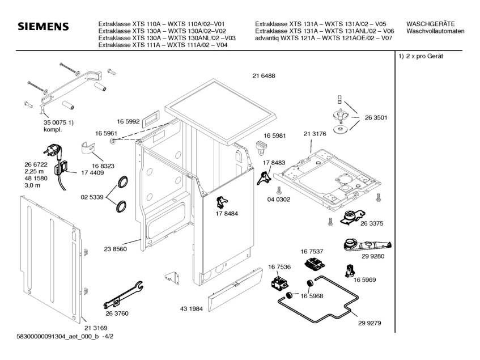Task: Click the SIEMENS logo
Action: (43, 27)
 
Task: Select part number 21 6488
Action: (264, 75)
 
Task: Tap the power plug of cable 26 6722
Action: (53, 151)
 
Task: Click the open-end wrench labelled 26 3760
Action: (123, 295)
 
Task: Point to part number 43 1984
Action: (192, 308)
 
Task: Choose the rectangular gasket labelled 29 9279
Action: (318, 299)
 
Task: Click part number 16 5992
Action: (128, 121)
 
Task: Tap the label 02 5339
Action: (92, 197)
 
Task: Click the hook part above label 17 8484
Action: (222, 202)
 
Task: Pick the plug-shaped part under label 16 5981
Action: (261, 147)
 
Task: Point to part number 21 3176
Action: (315, 134)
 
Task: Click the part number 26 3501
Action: (376, 117)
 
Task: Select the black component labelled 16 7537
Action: (315, 263)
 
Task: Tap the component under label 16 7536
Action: (280, 282)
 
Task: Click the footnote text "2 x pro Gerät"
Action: (424, 56)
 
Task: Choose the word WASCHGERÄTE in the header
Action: (430, 24)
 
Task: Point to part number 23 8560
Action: (115, 249)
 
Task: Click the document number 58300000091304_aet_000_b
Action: (58, 336)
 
